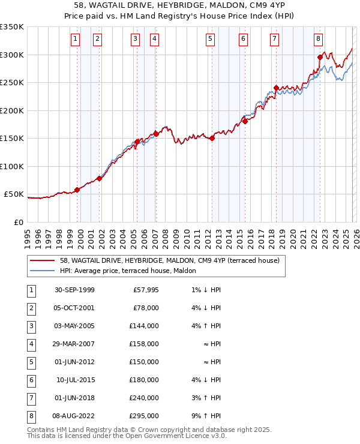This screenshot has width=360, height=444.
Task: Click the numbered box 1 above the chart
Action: (75, 40)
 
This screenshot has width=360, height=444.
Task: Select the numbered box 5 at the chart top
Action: (211, 40)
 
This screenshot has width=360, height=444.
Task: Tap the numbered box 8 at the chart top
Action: (318, 40)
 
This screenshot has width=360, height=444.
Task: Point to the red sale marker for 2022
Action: (320, 58)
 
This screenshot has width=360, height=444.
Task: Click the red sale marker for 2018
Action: (275, 88)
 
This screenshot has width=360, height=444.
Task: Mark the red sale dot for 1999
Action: (77, 190)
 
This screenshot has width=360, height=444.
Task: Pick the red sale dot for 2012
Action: (212, 138)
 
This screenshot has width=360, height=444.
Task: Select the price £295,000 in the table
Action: (145, 416)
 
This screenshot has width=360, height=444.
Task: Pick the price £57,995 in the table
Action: (145, 290)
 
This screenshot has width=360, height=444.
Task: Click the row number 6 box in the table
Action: (31, 380)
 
